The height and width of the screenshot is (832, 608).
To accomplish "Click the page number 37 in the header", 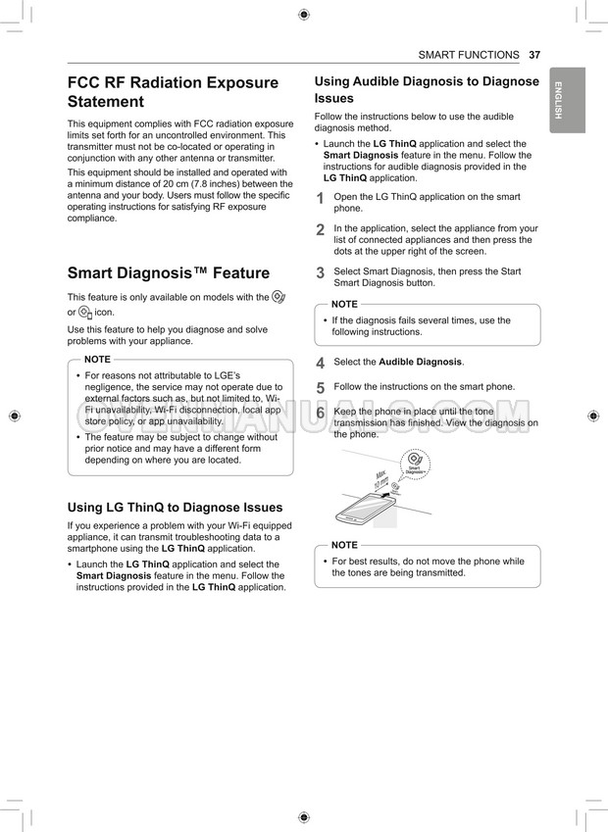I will click(534, 55).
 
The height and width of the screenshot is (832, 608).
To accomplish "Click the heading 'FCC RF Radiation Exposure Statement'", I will click(173, 92).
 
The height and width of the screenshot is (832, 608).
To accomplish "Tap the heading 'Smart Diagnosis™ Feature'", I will click(168, 273).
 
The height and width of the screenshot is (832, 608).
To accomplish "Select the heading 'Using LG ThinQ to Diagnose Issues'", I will click(175, 508).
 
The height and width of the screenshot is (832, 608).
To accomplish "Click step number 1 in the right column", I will click(320, 199).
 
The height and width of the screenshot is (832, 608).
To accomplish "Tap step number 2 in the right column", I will click(320, 230).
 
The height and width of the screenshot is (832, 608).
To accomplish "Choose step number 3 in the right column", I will click(320, 273).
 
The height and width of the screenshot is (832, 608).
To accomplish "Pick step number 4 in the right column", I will click(320, 364).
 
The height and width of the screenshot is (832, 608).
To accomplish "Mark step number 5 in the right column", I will click(320, 388).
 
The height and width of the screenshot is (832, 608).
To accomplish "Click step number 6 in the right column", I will click(320, 414).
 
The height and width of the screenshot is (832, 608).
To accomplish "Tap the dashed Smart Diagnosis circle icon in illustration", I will click(416, 463).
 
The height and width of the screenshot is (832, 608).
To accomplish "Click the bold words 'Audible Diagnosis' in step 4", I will click(420, 363).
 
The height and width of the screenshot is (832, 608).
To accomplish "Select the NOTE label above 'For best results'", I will click(344, 545).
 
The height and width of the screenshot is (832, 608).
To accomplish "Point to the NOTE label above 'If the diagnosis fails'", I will click(344, 305).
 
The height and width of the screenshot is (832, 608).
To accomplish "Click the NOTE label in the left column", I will click(97, 360).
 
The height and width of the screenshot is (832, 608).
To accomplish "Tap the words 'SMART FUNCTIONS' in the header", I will click(468, 55).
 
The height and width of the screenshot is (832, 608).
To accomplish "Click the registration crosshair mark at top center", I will click(304, 14).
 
